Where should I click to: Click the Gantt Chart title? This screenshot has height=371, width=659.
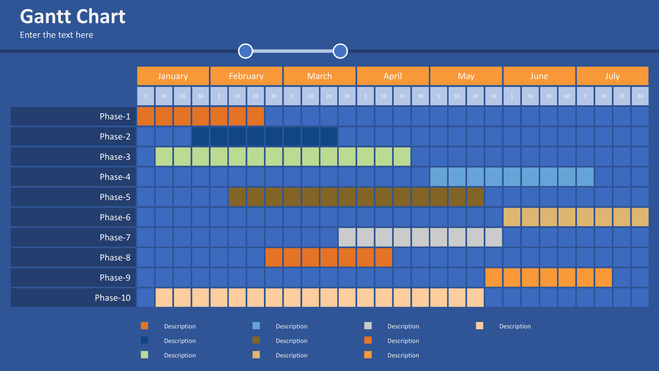pyautogui.click(x=73, y=16)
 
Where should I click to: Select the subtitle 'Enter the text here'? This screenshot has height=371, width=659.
pyautogui.click(x=57, y=35)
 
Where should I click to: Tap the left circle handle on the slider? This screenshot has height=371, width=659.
pyautogui.click(x=246, y=51)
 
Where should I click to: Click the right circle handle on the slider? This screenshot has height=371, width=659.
pyautogui.click(x=340, y=51)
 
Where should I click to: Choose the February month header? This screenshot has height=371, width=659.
pyautogui.click(x=246, y=76)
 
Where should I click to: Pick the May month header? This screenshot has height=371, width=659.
pyautogui.click(x=466, y=76)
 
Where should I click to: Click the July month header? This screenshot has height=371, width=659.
pyautogui.click(x=612, y=76)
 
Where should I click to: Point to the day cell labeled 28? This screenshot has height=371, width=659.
pyautogui.click(x=274, y=96)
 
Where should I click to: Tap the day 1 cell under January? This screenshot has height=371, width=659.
pyautogui.click(x=146, y=96)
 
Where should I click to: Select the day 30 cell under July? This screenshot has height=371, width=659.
pyautogui.click(x=640, y=96)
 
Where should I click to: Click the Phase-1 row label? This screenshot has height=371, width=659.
pyautogui.click(x=73, y=116)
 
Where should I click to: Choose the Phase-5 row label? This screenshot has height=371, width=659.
pyautogui.click(x=73, y=197)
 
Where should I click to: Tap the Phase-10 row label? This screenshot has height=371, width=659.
pyautogui.click(x=73, y=298)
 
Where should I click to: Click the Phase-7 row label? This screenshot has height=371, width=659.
pyautogui.click(x=73, y=238)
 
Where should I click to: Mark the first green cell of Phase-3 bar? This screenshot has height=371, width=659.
pyautogui.click(x=164, y=157)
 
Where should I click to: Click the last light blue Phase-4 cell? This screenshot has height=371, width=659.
pyautogui.click(x=585, y=177)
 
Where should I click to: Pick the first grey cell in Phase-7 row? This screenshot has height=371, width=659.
pyautogui.click(x=347, y=238)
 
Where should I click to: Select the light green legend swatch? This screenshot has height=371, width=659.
pyautogui.click(x=144, y=355)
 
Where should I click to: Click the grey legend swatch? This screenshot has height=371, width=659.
pyautogui.click(x=368, y=326)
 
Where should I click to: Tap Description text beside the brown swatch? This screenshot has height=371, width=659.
pyautogui.click(x=291, y=341)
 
